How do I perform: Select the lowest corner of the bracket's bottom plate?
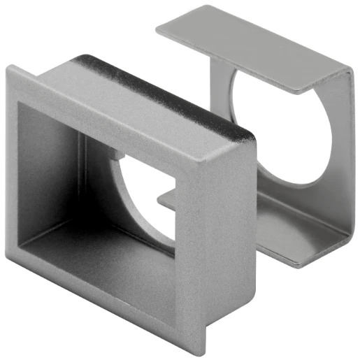(x=297, y=266)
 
